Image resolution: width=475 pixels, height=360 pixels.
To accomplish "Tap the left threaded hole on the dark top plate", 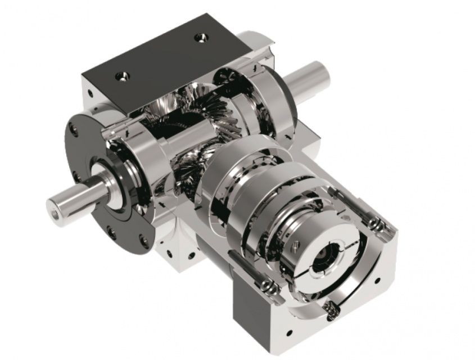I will click(x=121, y=75).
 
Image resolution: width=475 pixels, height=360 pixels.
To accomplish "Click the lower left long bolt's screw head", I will click(x=271, y=288).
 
